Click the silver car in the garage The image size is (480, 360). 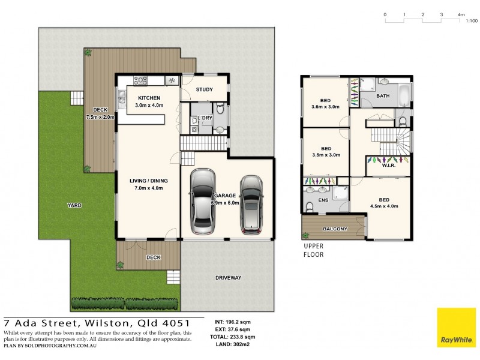202,202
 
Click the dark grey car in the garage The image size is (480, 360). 251,205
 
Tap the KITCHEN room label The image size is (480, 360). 149,98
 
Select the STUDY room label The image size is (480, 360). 205,90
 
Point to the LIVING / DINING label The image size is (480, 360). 149,181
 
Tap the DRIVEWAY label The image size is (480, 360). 228,278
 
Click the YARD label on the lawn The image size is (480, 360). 74,205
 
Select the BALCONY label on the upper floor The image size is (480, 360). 335,229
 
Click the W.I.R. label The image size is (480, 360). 388,166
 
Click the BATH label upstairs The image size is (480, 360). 383,96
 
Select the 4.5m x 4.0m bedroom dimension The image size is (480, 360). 384,207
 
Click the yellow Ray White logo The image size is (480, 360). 455,328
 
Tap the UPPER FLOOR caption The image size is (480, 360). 313,250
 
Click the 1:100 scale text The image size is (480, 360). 471,21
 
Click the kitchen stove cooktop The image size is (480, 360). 141,79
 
